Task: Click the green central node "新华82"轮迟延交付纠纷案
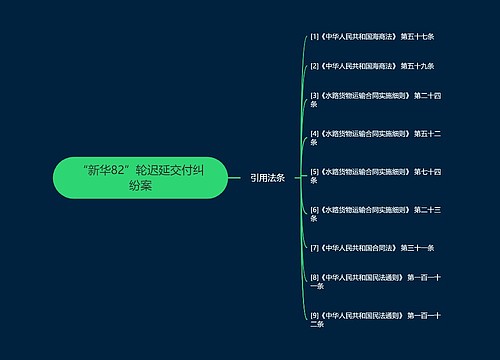coord(140,177)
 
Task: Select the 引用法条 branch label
coord(267,177)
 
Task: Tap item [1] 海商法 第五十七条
coord(371,37)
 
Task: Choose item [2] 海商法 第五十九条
coord(371,67)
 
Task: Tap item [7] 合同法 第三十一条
coord(371,247)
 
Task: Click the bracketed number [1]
coord(315,37)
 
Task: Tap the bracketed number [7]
coord(315,247)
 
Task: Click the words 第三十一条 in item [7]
coord(418,247)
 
